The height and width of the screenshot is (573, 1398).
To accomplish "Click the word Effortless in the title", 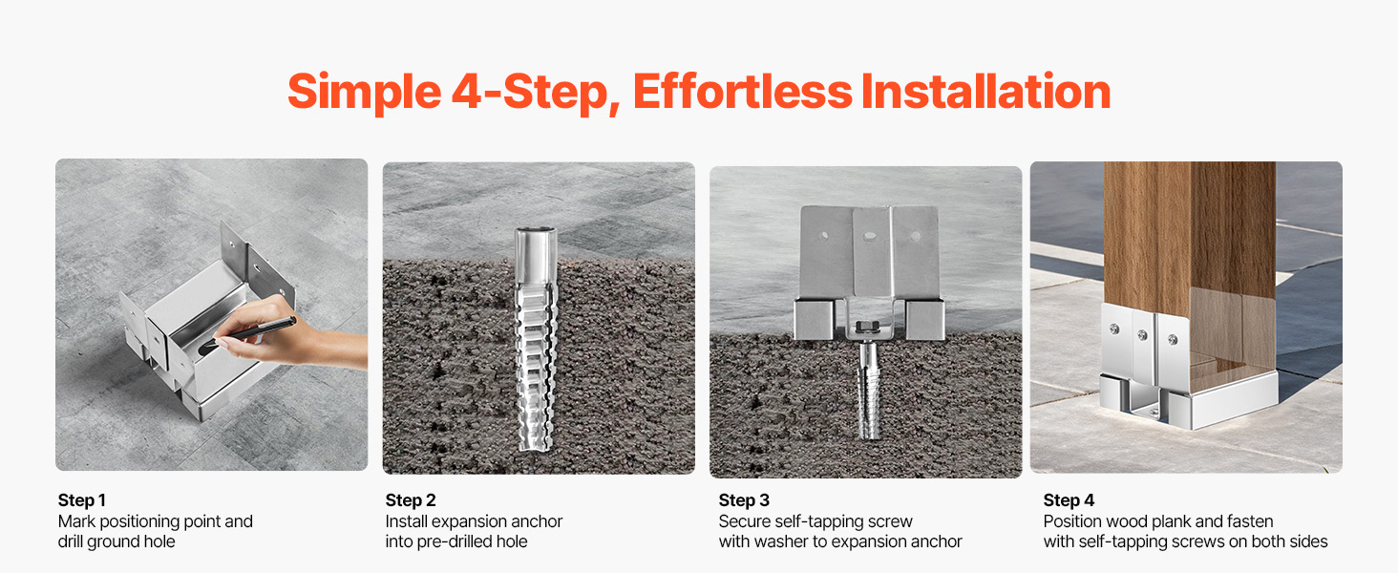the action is click(x=743, y=92).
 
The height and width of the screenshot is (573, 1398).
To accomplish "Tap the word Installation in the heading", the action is click(x=986, y=92).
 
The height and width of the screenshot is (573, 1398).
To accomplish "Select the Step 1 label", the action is click(x=82, y=500).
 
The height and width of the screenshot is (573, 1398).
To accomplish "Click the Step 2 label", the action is click(x=411, y=500).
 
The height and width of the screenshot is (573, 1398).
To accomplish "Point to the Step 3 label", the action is click(x=744, y=500).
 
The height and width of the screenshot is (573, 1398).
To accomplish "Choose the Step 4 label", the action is click(x=1070, y=500).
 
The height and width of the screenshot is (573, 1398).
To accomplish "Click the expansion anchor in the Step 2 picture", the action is click(x=536, y=338).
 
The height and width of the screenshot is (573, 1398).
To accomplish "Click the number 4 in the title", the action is click(x=466, y=92).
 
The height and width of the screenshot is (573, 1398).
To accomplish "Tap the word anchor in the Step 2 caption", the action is click(x=535, y=521).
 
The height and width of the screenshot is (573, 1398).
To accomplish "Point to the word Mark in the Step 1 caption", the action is click(x=76, y=521).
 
